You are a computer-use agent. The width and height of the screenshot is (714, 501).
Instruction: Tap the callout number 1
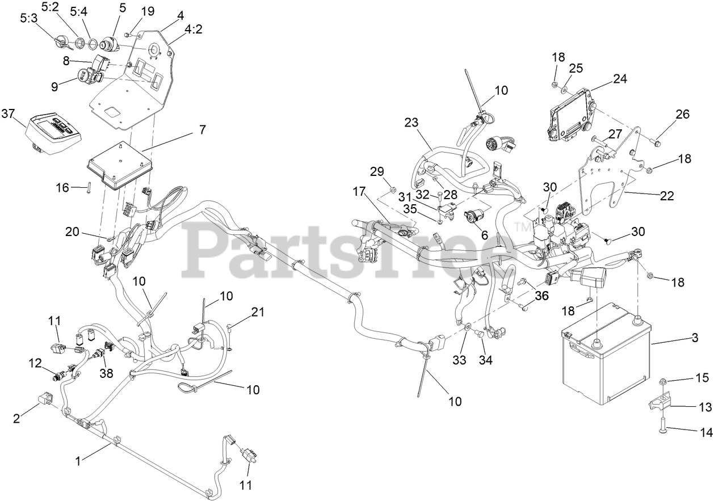click(78, 461)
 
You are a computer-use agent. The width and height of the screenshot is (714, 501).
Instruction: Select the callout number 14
click(705, 432)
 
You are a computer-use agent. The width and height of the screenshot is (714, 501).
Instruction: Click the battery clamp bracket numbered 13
click(660, 403)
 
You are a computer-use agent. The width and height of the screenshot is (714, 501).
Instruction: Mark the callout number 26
click(682, 114)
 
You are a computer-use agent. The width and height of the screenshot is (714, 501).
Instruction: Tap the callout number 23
click(411, 122)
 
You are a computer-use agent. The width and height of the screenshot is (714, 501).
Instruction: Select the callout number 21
click(258, 311)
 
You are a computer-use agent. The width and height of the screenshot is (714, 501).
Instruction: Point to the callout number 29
click(377, 171)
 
